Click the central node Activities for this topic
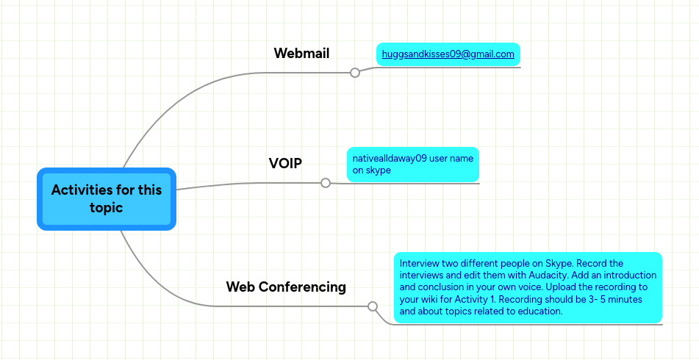pyautogui.click(x=107, y=199)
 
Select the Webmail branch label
pyautogui.click(x=301, y=54)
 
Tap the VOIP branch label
pyautogui.click(x=285, y=164)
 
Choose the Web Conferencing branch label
pyautogui.click(x=286, y=287)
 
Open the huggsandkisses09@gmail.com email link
pyautogui.click(x=448, y=54)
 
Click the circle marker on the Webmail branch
pyautogui.click(x=355, y=73)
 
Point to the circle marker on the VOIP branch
pyautogui.click(x=326, y=183)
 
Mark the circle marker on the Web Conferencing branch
pyautogui.click(x=373, y=306)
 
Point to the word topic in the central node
pyautogui.click(x=107, y=208)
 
